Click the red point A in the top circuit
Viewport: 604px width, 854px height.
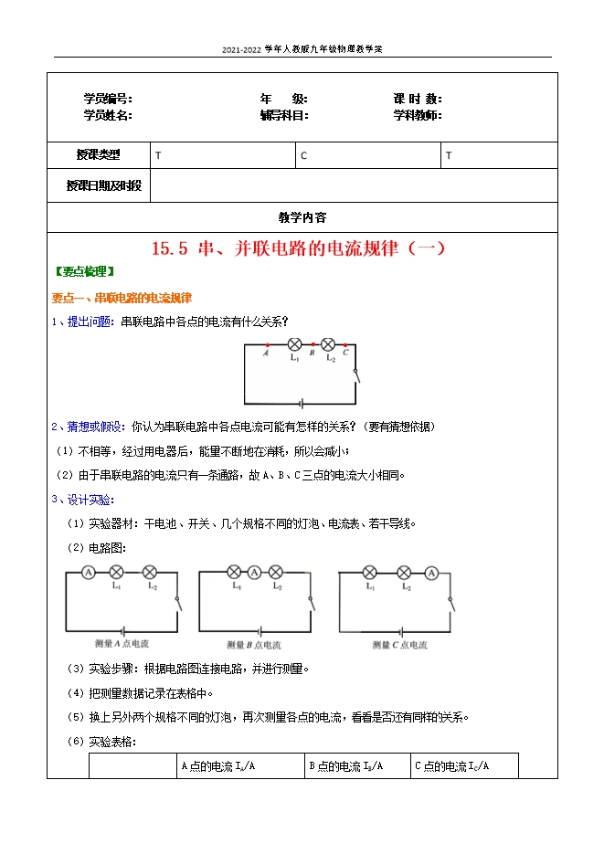coord(266,346)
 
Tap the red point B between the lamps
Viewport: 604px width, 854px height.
coord(313,346)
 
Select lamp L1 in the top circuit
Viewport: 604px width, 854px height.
coord(294,345)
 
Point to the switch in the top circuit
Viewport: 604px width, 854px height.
coord(355,374)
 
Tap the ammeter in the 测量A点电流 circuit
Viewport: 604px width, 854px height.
coord(89,572)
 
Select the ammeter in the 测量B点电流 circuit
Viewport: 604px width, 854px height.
coord(254,572)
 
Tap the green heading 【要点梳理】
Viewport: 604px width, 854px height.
coord(84,271)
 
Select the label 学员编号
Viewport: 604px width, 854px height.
coord(108,99)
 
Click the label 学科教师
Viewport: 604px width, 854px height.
coord(418,115)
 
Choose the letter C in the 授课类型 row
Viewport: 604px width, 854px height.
coord(304,156)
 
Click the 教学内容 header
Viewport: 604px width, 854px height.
coord(302,217)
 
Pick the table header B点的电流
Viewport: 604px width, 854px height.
coord(346,766)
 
